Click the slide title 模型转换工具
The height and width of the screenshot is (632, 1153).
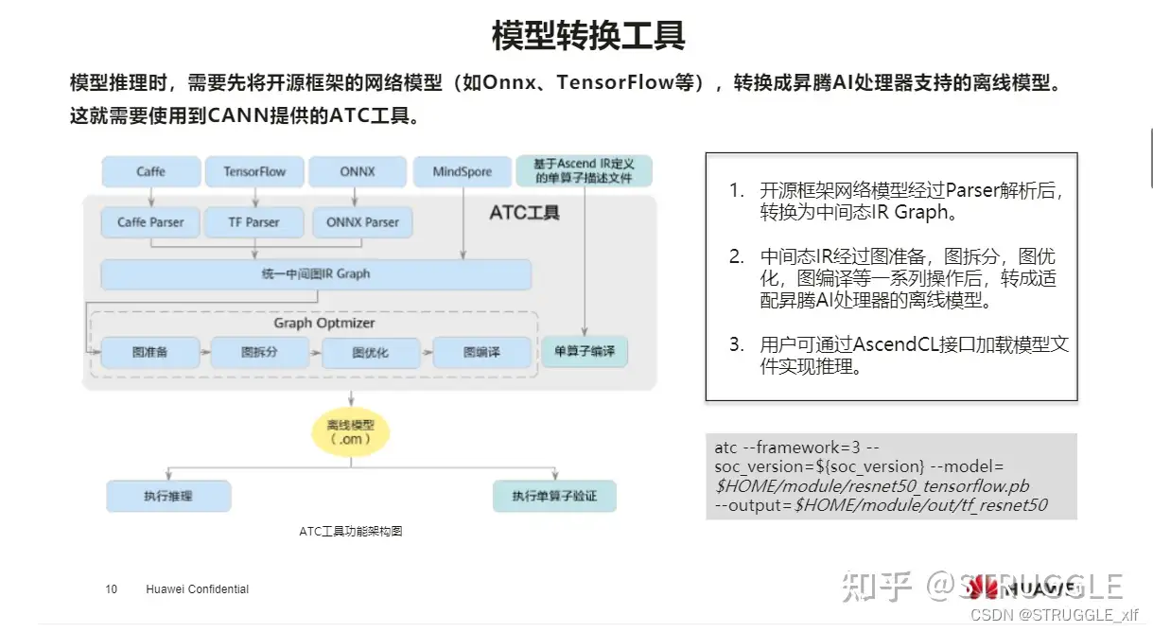pos(587,36)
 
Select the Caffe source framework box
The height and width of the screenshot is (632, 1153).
pos(150,171)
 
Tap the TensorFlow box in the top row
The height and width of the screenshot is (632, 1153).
pos(254,171)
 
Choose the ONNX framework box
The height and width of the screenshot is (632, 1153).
pos(357,171)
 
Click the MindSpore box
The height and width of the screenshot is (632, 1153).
pos(463,171)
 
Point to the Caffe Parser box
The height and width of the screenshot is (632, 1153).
pos(150,222)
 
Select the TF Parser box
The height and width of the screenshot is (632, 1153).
pos(254,222)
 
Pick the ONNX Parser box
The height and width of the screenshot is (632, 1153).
pos(362,222)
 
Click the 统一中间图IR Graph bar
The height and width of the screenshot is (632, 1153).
pos(316,274)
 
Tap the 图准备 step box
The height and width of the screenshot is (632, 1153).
pos(148,352)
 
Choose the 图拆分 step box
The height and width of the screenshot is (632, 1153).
pos(260,352)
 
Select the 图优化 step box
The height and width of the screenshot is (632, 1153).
pos(370,352)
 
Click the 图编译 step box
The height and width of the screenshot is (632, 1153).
pos(481,352)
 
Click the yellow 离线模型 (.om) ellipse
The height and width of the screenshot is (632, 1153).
pos(343,432)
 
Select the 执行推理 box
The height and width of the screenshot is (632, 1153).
pos(168,496)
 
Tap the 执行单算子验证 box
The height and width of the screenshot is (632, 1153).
pos(554,496)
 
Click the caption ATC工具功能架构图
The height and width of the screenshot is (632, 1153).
pos(351,532)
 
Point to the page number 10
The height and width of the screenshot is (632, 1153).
pos(112,589)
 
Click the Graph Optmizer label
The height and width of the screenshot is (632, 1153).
pos(324,323)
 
